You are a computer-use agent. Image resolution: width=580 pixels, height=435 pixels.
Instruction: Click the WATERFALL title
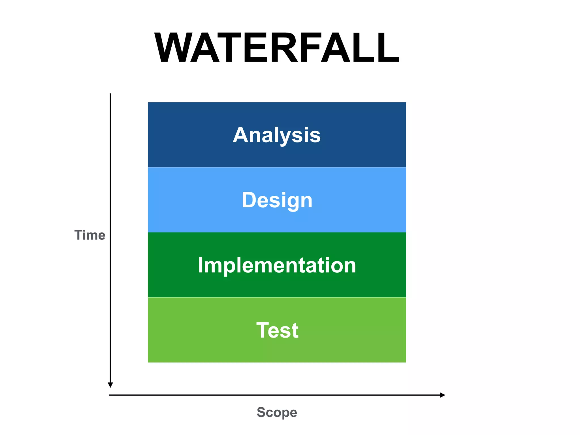pos(277,48)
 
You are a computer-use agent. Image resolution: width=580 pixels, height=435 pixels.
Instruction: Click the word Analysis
pos(277,135)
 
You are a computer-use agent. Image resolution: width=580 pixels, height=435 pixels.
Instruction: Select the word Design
pos(277,200)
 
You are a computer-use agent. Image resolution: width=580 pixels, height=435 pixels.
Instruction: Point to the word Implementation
pos(277,265)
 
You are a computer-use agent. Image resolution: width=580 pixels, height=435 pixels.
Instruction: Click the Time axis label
pos(90,235)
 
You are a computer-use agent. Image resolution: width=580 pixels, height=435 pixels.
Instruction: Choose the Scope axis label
pos(277,412)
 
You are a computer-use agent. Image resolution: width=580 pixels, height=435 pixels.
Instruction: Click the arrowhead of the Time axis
pos(110,385)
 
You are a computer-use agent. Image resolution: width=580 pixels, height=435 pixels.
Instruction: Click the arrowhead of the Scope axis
pos(442,395)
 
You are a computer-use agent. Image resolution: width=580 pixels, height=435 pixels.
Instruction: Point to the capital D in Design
pos(249,200)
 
